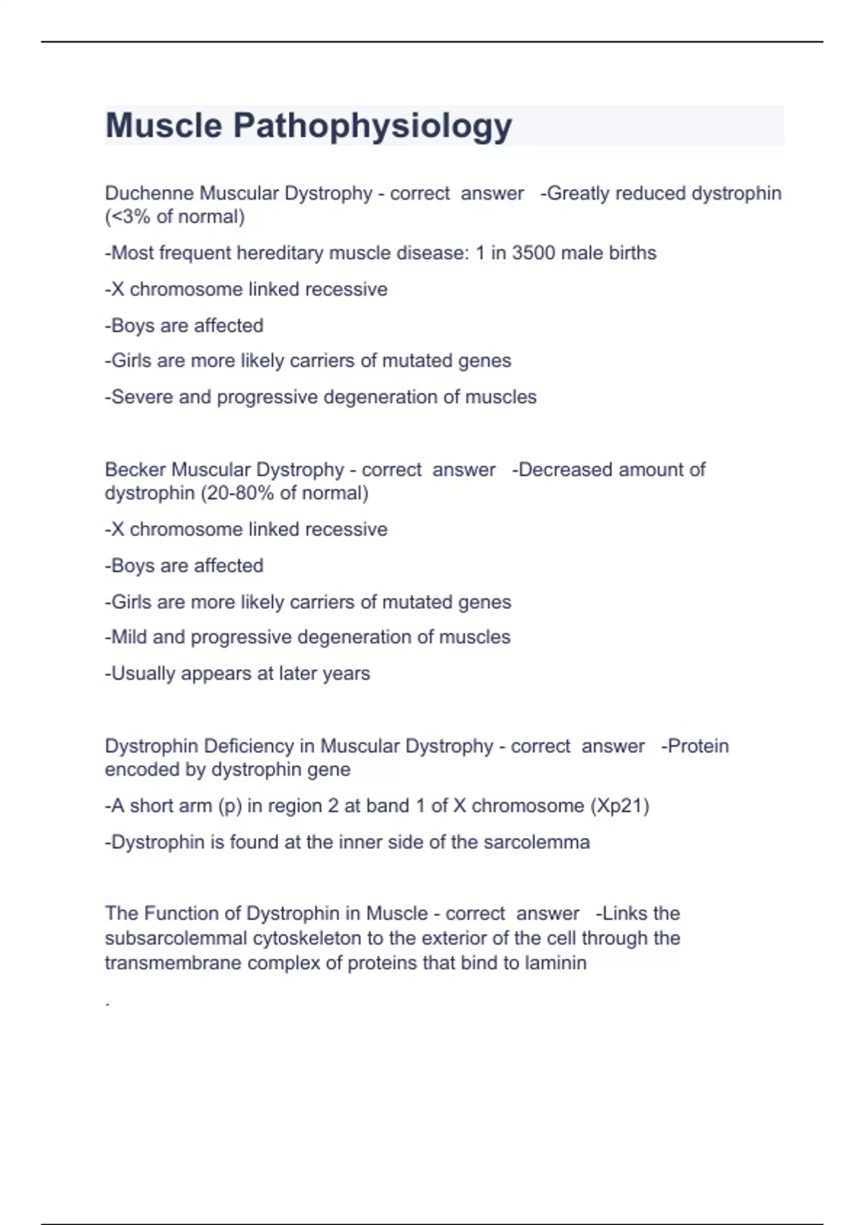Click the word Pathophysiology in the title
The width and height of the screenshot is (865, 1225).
pos(372,127)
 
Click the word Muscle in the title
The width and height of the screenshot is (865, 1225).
pos(164,125)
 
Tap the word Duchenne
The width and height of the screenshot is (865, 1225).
pos(149,193)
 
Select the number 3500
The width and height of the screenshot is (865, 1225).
pos(533,253)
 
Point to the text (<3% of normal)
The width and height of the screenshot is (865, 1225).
pos(174,217)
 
